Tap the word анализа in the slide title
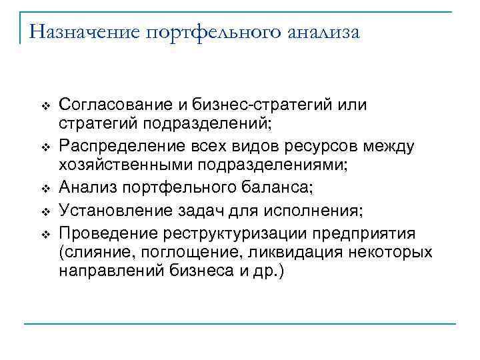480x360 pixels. tap(323, 31)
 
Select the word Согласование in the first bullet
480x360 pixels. tap(113, 105)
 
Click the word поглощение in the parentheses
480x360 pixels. tap(170, 253)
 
